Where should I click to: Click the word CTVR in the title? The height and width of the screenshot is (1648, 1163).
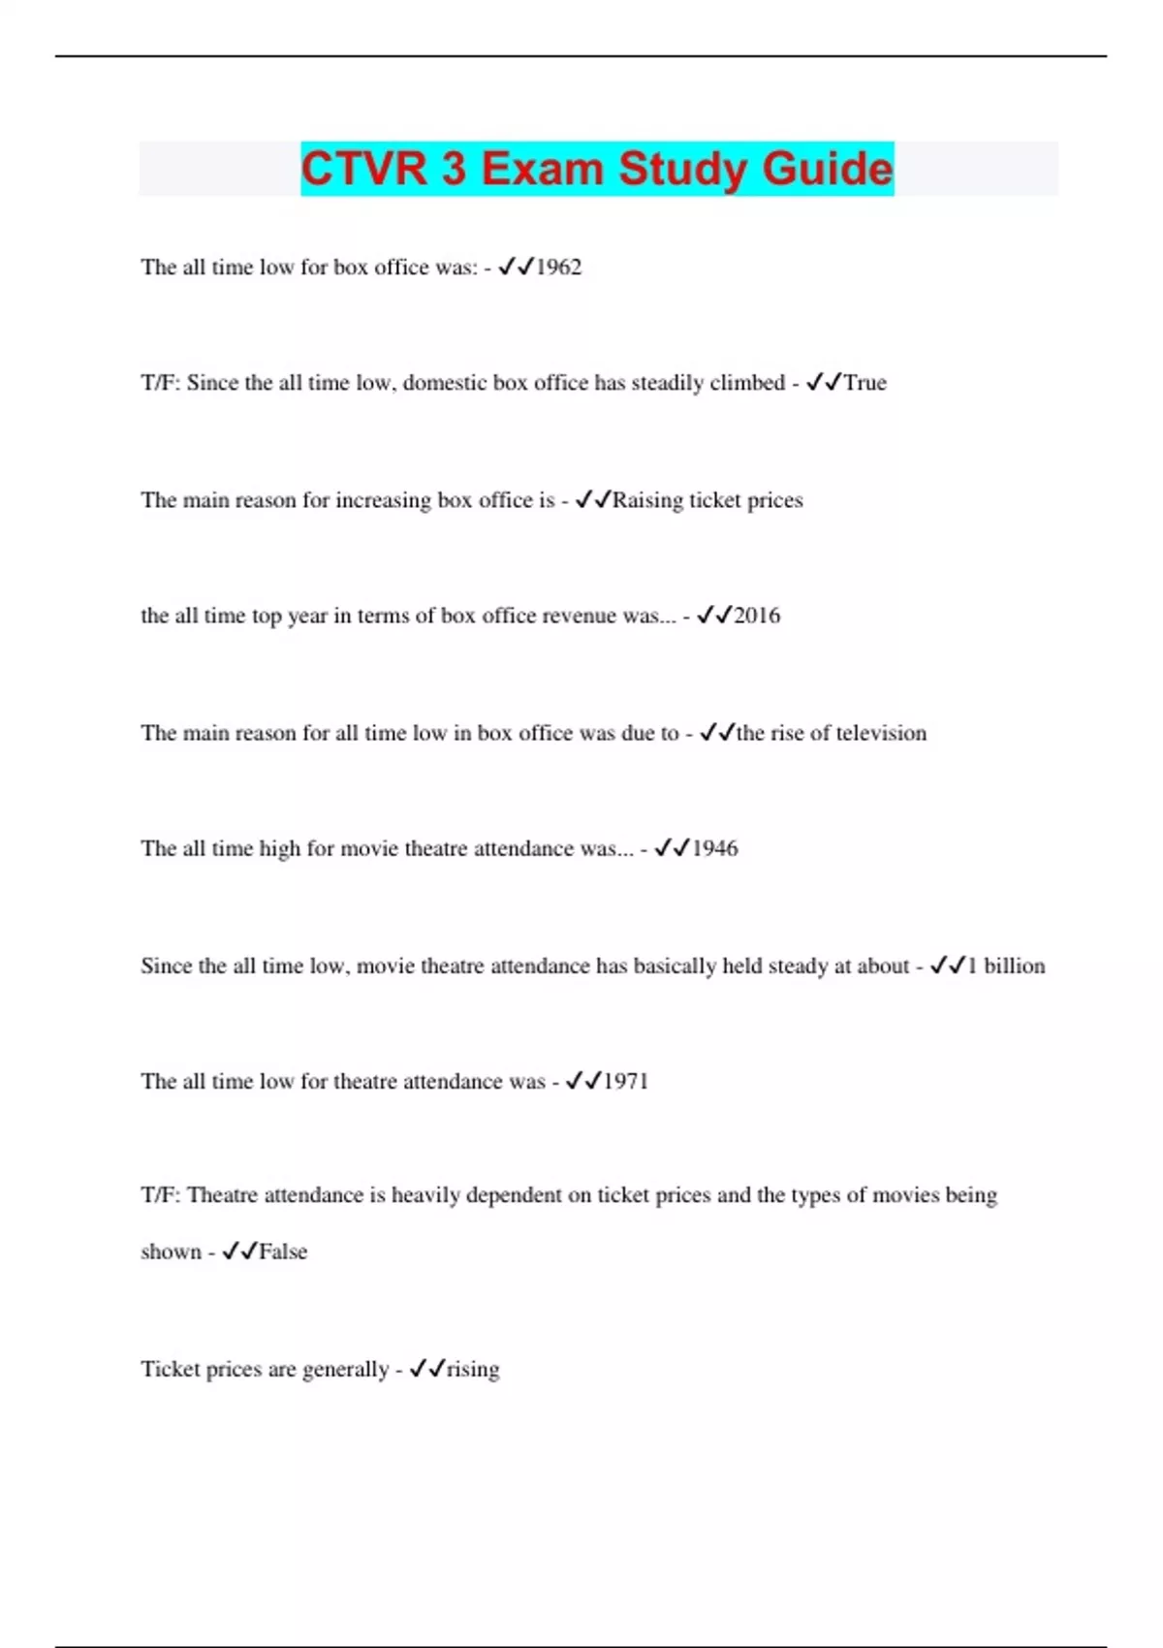[364, 169]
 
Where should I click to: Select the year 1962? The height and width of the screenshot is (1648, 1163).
[559, 268]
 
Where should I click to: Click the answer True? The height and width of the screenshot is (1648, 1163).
[864, 383]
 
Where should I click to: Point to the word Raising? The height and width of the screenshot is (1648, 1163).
[647, 500]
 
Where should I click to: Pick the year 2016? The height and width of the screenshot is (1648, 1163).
[757, 616]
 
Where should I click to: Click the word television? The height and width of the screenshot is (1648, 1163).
[880, 733]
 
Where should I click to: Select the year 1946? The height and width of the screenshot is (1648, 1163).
[715, 849]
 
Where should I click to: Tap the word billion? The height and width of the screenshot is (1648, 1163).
[1015, 966]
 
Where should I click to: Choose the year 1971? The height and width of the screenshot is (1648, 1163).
[625, 1081]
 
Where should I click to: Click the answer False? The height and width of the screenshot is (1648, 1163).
[283, 1252]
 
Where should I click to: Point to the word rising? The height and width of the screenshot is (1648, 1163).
[473, 1369]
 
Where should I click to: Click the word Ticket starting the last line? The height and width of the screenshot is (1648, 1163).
[170, 1369]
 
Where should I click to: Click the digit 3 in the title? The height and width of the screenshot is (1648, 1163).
[454, 169]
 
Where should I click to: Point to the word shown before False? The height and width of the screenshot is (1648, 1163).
[171, 1252]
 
